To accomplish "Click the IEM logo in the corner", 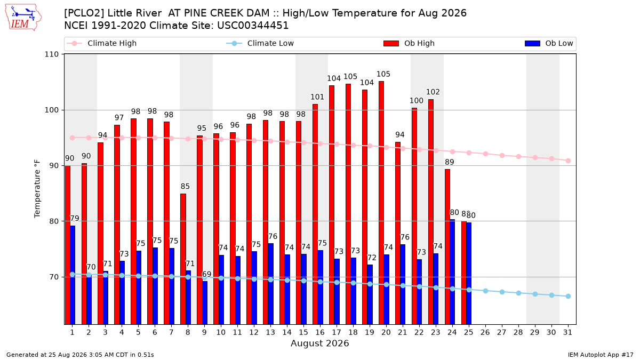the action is (23, 17).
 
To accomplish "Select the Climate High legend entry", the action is (101, 43).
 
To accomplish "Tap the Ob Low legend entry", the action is (549, 43).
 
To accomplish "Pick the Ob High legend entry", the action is (409, 43).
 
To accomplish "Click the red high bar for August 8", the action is (183, 259).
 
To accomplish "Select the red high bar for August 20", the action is (381, 203).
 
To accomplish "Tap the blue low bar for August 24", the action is (452, 272).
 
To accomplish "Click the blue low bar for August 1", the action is (73, 275).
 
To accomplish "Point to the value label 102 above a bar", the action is (433, 92).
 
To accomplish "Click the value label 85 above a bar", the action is (185, 186).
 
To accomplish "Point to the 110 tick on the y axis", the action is (51, 54).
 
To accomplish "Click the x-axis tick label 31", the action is (567, 333).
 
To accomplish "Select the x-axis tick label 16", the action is (320, 333).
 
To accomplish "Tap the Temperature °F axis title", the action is (37, 189).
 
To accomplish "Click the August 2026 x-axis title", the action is (319, 343).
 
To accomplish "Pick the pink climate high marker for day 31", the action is (568, 161).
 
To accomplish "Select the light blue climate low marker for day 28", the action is (518, 293).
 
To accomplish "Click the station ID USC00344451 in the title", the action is (253, 26).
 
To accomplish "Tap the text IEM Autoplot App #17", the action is (601, 355).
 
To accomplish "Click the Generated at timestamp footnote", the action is (80, 355).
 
